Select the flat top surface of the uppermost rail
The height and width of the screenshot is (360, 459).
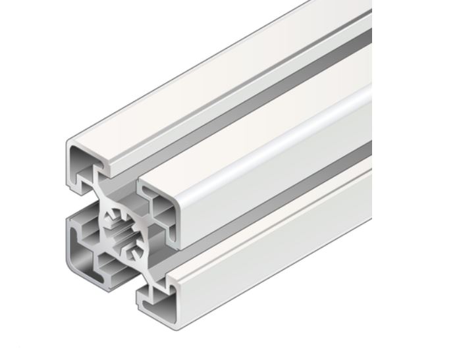click(x=217, y=86)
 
